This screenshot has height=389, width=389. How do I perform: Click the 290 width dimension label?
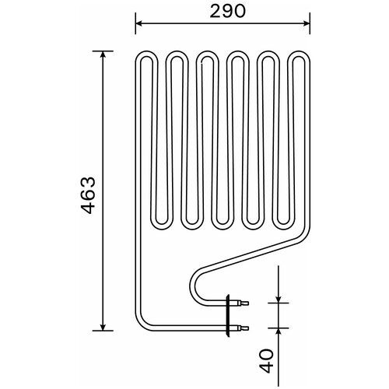click(x=227, y=12)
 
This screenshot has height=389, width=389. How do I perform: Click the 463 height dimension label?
click(x=88, y=195)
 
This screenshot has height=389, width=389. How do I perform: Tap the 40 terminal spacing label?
click(x=266, y=361)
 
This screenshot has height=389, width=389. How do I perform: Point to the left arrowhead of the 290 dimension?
click(x=139, y=23)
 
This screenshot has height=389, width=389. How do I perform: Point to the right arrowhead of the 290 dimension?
click(x=307, y=23)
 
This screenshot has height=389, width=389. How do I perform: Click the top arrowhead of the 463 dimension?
click(x=103, y=54)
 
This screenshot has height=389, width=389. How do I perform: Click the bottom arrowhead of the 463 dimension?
click(x=103, y=327)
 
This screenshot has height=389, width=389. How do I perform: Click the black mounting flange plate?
click(x=228, y=315)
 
